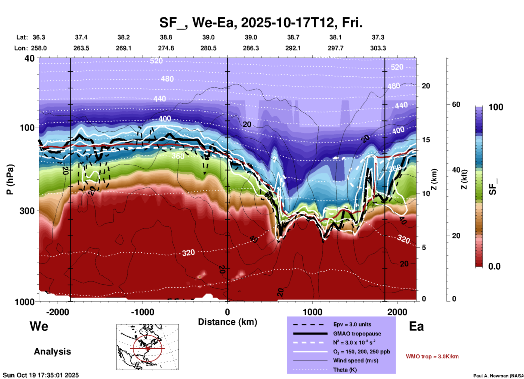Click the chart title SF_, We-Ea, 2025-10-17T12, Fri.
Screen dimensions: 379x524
click(261, 23)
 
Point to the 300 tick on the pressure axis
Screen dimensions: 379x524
click(27, 210)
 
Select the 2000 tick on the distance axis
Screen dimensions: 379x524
click(397, 312)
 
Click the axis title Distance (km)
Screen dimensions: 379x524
click(227, 322)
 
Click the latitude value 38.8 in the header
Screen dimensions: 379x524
click(166, 37)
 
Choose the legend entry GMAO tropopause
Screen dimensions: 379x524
click(357, 334)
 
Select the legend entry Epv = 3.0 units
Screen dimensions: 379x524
click(352, 324)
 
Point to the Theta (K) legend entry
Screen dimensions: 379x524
click(345, 370)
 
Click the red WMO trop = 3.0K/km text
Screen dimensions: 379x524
click(432, 356)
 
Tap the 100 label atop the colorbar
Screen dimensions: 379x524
click(496, 107)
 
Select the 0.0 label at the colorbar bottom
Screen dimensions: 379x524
click(494, 266)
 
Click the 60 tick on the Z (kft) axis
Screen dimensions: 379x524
click(456, 104)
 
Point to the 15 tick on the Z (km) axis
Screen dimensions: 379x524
click(426, 140)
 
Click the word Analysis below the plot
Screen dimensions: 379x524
click(52, 352)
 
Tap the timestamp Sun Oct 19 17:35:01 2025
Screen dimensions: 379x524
click(41, 375)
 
